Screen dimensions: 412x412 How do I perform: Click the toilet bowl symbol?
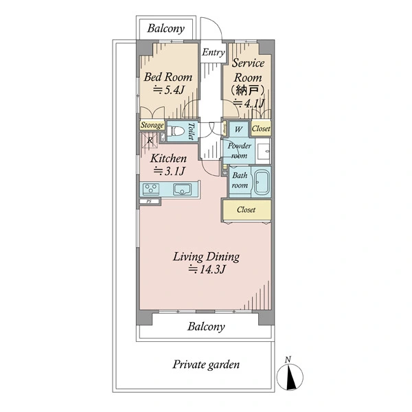[176, 130]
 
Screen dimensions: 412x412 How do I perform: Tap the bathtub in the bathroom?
[262, 182]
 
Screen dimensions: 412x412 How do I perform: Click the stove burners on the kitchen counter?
[151, 190]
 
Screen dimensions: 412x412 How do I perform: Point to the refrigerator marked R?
[150, 141]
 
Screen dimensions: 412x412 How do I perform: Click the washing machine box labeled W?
[238, 129]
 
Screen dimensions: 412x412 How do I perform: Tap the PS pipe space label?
[149, 202]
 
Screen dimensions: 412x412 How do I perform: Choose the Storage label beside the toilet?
[152, 125]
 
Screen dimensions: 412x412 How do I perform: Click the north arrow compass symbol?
[290, 374]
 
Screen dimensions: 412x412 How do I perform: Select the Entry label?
[213, 52]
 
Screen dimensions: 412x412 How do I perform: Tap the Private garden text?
[206, 365]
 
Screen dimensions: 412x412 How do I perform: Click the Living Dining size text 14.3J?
[207, 269]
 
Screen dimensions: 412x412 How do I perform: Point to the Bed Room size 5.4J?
[169, 90]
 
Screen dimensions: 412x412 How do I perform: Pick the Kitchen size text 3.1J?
[169, 171]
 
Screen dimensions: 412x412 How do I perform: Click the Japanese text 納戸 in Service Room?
[247, 91]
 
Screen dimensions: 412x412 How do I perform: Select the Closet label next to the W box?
[261, 129]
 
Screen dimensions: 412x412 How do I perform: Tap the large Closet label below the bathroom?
[246, 209]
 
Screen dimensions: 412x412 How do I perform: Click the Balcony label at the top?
[165, 28]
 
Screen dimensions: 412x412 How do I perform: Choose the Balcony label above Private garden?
[206, 327]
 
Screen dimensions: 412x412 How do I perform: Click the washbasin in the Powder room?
[263, 151]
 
